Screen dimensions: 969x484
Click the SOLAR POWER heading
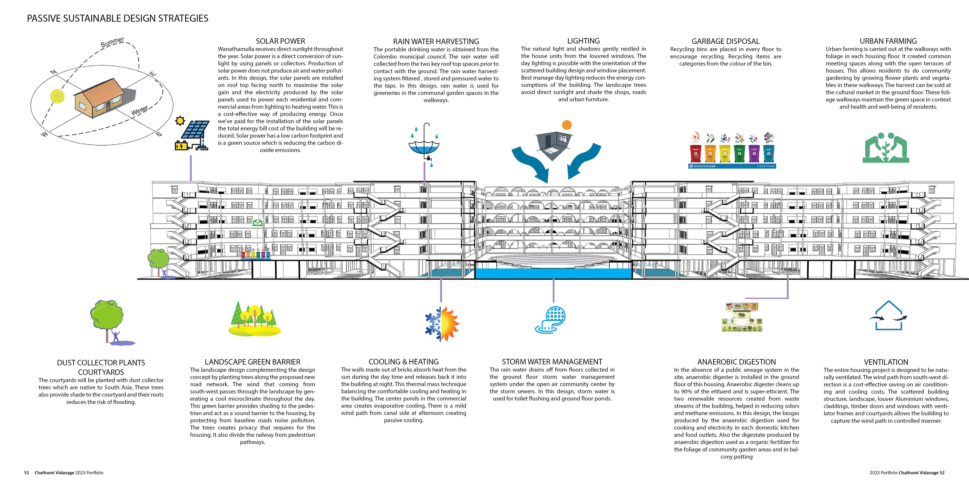click(x=280, y=41)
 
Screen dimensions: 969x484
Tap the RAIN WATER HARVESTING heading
click(x=436, y=41)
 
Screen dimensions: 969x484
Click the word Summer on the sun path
click(x=112, y=42)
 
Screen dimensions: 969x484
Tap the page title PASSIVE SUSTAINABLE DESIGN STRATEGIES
click(x=117, y=18)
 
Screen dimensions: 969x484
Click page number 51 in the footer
click(x=26, y=473)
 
